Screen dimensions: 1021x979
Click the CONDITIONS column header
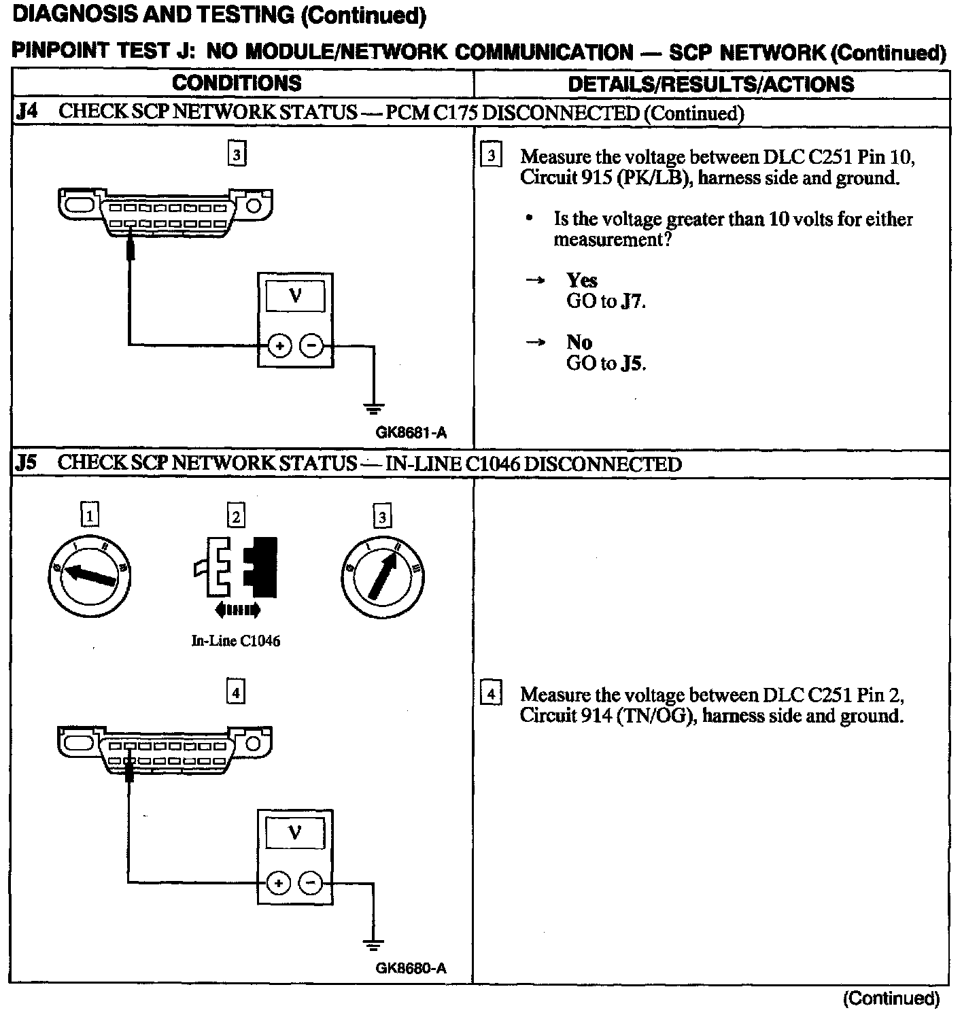click(x=237, y=83)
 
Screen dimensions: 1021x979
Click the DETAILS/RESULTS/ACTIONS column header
click(x=710, y=84)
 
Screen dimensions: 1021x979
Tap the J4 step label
click(x=27, y=112)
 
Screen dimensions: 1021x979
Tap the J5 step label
click(x=26, y=463)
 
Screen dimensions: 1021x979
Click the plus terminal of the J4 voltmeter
click(x=279, y=346)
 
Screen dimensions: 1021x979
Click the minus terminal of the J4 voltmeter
click(x=312, y=346)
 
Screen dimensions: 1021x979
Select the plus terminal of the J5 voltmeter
click(x=278, y=883)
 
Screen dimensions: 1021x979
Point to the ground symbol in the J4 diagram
click(x=373, y=408)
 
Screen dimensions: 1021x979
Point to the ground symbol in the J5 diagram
click(x=373, y=945)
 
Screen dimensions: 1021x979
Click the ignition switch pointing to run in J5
click(x=382, y=576)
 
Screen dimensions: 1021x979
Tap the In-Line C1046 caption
click(x=236, y=640)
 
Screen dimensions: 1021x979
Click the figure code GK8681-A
click(x=411, y=433)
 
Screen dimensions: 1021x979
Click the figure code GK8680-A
click(x=411, y=969)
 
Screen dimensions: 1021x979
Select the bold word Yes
click(x=581, y=280)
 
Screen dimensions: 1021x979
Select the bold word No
click(x=579, y=342)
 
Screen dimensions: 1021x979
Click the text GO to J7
click(x=605, y=301)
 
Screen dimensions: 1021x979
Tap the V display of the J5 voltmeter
click(x=295, y=833)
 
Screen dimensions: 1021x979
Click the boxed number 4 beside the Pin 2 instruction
click(x=491, y=694)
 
